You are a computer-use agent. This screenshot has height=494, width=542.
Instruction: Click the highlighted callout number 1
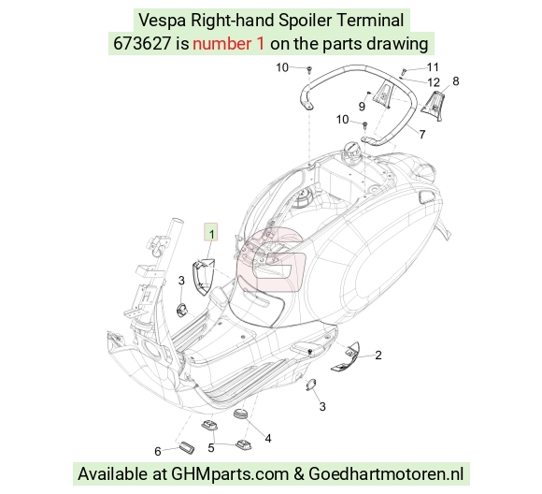point(211,233)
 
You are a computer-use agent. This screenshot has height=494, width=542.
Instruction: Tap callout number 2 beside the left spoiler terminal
point(378,356)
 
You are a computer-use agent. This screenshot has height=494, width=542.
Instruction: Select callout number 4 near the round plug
point(268,439)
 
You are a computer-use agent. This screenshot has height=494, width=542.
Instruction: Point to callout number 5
point(211,447)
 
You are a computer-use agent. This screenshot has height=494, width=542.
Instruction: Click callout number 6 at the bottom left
point(158,451)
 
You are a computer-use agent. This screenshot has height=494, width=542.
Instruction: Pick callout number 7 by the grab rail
point(422,134)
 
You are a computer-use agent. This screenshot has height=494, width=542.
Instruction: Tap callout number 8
point(456,81)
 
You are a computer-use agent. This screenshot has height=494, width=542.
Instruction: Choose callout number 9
point(362,107)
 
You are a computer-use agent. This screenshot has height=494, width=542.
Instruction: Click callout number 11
point(433,67)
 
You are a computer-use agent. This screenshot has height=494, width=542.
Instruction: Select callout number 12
point(434,82)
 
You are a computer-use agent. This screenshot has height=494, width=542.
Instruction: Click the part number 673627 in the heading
point(142,44)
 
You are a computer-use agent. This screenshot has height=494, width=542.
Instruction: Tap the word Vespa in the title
point(162,20)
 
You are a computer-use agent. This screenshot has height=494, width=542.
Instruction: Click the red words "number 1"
point(229,44)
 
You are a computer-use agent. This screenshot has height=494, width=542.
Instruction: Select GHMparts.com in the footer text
point(230,474)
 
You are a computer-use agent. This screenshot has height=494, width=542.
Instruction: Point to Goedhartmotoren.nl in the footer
point(386,473)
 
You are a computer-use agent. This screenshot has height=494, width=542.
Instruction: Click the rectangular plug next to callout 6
point(187,447)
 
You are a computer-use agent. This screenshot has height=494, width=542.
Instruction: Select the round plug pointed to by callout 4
point(241,414)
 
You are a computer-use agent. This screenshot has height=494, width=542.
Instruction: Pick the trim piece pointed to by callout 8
point(434,105)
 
